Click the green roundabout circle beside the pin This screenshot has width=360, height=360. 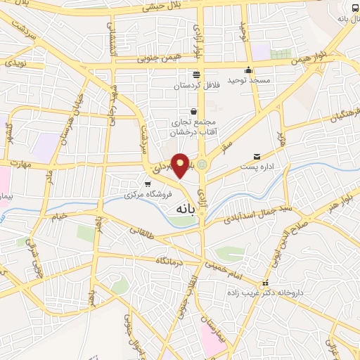[202, 165]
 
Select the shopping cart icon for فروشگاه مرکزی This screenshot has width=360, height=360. [146, 184]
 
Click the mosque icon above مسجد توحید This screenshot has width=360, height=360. [248, 70]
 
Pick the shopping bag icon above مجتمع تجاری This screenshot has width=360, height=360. [193, 110]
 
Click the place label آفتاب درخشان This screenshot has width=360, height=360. [188, 132]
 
